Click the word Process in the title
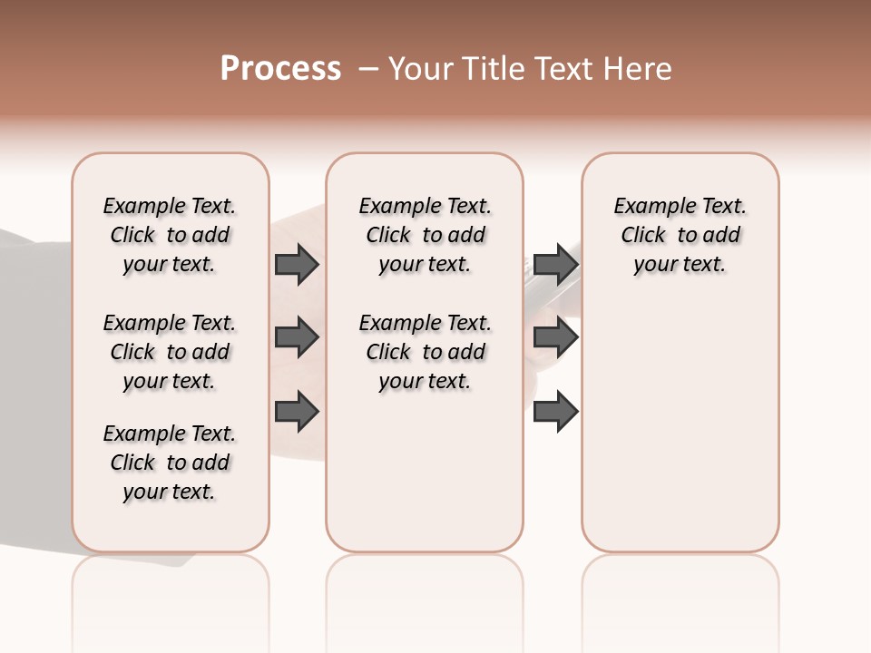pyautogui.click(x=280, y=68)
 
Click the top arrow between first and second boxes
pyautogui.click(x=297, y=265)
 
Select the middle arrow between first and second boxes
pyautogui.click(x=297, y=338)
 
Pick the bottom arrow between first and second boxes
pyautogui.click(x=297, y=411)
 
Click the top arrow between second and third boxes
pyautogui.click(x=555, y=265)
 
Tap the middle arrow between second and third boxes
pyautogui.click(x=555, y=338)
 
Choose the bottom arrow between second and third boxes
pyautogui.click(x=555, y=412)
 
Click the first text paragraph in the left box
pyautogui.click(x=170, y=235)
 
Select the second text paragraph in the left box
pyautogui.click(x=170, y=352)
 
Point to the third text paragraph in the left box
pyautogui.click(x=170, y=463)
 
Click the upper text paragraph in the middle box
pyautogui.click(x=425, y=235)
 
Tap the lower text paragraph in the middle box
pyautogui.click(x=425, y=352)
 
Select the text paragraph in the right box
pyautogui.click(x=680, y=235)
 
